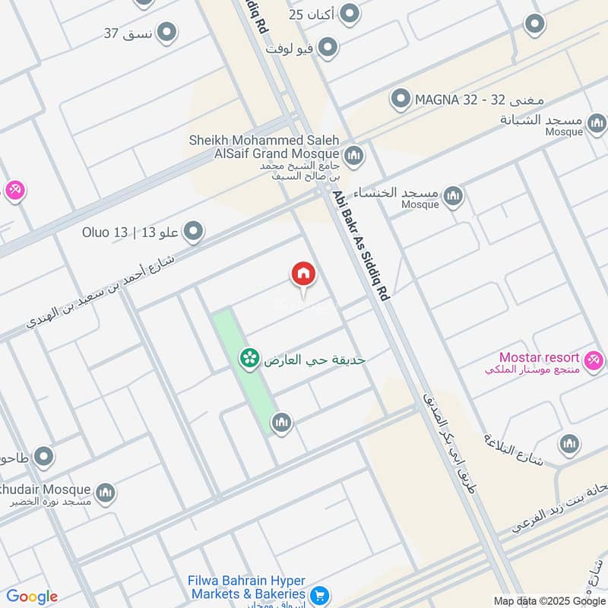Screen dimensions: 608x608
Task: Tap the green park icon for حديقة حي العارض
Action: tap(248, 356)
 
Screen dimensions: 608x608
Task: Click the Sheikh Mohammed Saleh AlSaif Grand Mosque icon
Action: tap(353, 157)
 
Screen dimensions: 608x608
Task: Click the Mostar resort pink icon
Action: tap(594, 357)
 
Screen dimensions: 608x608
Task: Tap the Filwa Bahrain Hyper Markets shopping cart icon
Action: tap(320, 594)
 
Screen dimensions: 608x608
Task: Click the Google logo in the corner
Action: tap(32, 597)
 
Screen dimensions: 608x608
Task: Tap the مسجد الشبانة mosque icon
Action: tap(597, 122)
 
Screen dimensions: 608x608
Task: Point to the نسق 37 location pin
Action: tap(166, 32)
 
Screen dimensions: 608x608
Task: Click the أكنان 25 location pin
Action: tap(349, 14)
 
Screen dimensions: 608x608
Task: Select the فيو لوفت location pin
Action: tap(328, 49)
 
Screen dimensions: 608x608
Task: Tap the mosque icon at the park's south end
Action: tap(282, 423)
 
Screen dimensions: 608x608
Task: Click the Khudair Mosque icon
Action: tap(106, 492)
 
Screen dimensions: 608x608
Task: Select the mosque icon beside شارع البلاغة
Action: tap(569, 444)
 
